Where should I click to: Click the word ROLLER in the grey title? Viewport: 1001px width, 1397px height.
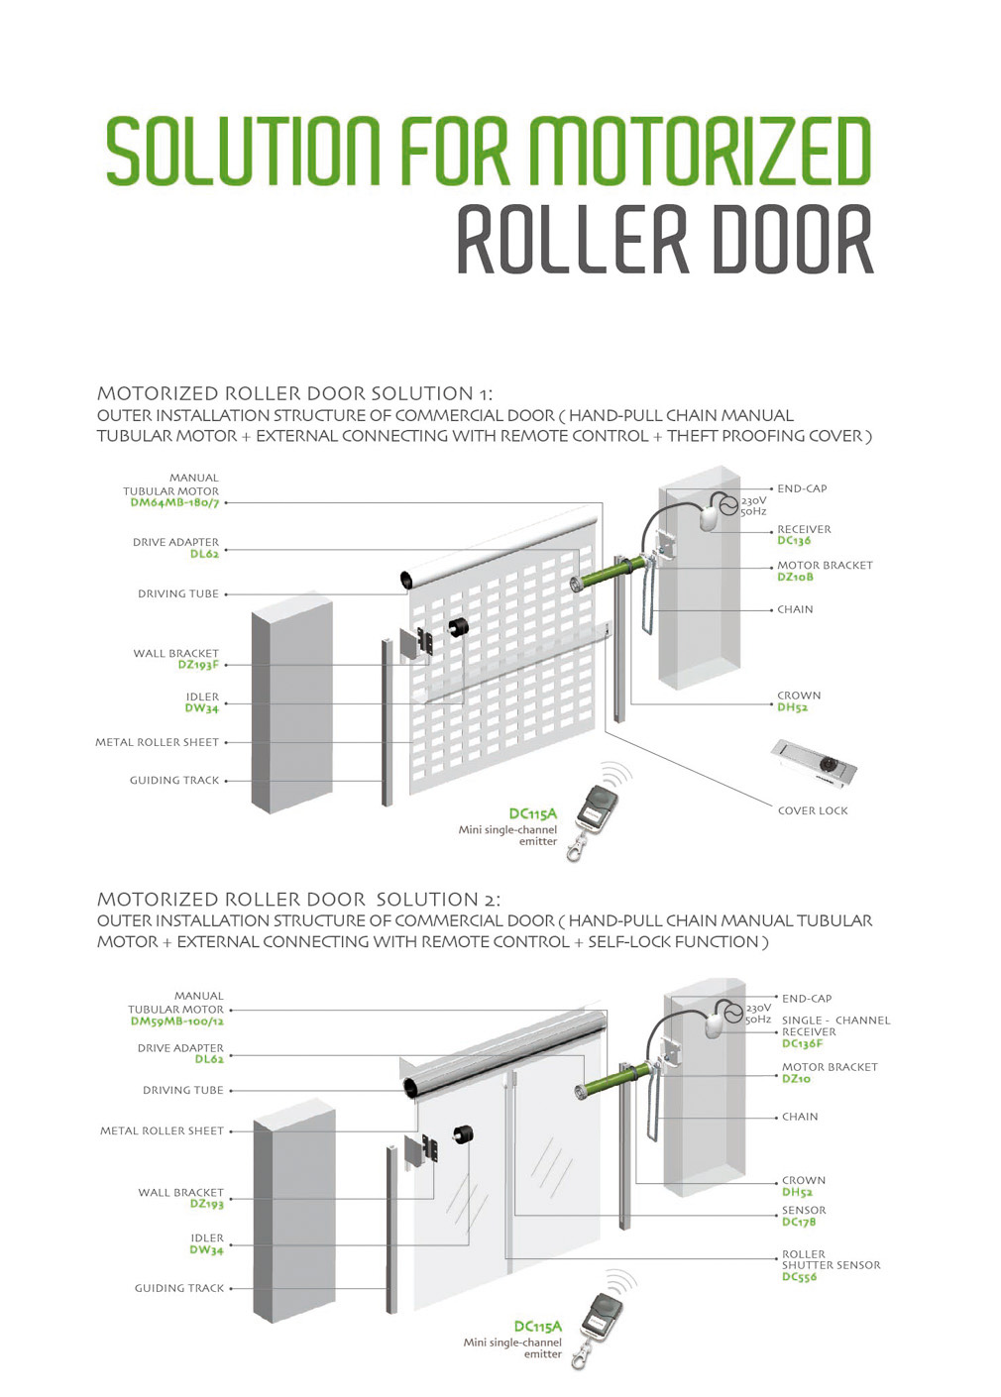[x=571, y=240]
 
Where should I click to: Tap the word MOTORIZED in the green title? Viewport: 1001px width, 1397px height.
[x=699, y=152]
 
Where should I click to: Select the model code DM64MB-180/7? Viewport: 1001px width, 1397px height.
[x=174, y=503]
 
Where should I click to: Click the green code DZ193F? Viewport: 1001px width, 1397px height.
[x=198, y=665]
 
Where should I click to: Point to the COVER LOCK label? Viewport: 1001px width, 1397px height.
[x=813, y=810]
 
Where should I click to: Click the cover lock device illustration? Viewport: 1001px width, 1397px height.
[x=814, y=764]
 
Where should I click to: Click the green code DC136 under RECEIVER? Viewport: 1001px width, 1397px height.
[x=794, y=541]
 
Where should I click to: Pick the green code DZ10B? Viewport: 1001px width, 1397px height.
[x=796, y=577]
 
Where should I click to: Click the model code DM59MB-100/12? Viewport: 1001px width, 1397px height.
[x=176, y=1021]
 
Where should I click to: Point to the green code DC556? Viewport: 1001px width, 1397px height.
[x=799, y=1277]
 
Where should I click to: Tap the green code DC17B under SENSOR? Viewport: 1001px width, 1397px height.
[x=799, y=1222]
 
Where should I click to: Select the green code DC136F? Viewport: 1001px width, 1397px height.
[x=802, y=1043]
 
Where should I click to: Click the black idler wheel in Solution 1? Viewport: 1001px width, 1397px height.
[x=458, y=627]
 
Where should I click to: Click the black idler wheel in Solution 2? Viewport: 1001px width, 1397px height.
[x=463, y=1135]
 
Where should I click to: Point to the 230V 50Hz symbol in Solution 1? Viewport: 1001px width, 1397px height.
[x=729, y=505]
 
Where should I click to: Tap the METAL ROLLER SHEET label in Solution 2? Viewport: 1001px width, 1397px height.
[x=162, y=1130]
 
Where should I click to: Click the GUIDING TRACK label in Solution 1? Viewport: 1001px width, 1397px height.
[x=174, y=781]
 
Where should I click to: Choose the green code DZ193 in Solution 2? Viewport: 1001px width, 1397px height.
[x=206, y=1204]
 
